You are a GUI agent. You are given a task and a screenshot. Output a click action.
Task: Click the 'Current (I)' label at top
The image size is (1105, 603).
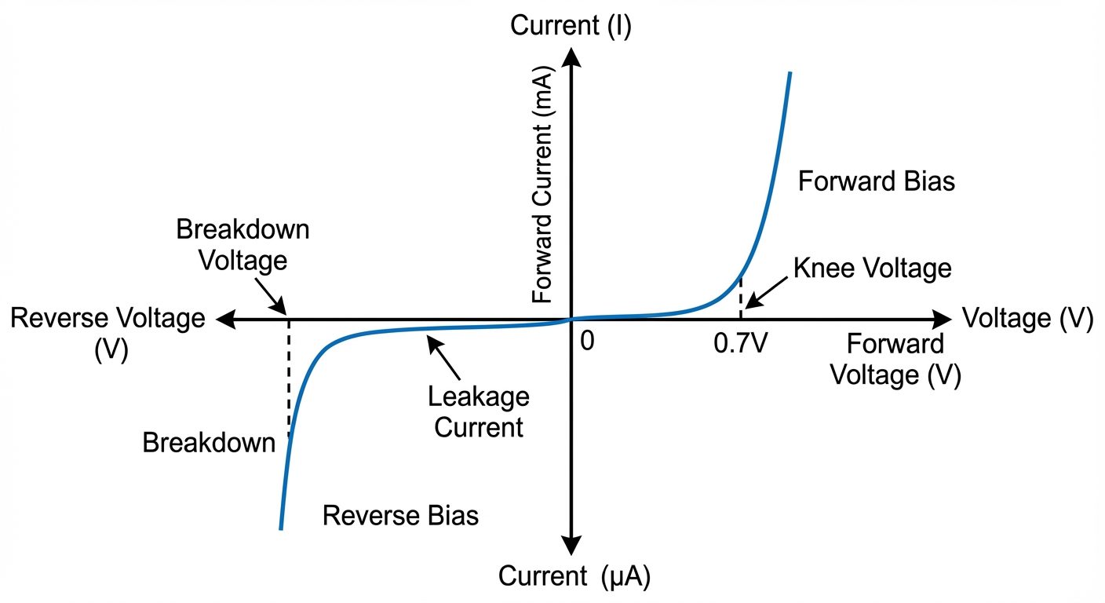[x=571, y=25]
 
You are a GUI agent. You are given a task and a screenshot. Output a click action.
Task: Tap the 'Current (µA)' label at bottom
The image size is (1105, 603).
[x=574, y=578]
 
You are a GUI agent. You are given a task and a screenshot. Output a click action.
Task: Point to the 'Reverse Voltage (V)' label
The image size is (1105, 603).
[x=107, y=333]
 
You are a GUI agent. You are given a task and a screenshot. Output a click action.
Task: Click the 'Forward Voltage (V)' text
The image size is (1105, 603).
[x=895, y=360]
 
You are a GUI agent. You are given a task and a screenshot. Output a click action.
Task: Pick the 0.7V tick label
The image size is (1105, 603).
[x=740, y=344]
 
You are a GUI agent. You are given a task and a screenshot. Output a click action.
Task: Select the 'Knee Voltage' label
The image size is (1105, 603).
[x=872, y=269]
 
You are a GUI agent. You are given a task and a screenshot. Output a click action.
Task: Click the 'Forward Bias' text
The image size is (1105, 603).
[x=876, y=181]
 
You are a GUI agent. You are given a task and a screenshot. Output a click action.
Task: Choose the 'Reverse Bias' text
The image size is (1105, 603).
[x=400, y=516]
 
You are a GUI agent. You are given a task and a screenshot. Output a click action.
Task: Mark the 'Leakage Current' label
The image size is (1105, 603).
[x=478, y=412]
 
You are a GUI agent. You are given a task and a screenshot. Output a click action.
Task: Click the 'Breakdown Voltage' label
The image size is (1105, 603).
[x=243, y=244]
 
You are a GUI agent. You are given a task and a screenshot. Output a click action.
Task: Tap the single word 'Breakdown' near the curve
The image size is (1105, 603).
[x=209, y=444]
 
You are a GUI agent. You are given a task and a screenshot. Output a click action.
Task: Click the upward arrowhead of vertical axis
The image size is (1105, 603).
[x=571, y=57]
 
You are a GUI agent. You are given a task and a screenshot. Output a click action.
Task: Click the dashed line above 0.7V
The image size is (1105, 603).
[x=740, y=298]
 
